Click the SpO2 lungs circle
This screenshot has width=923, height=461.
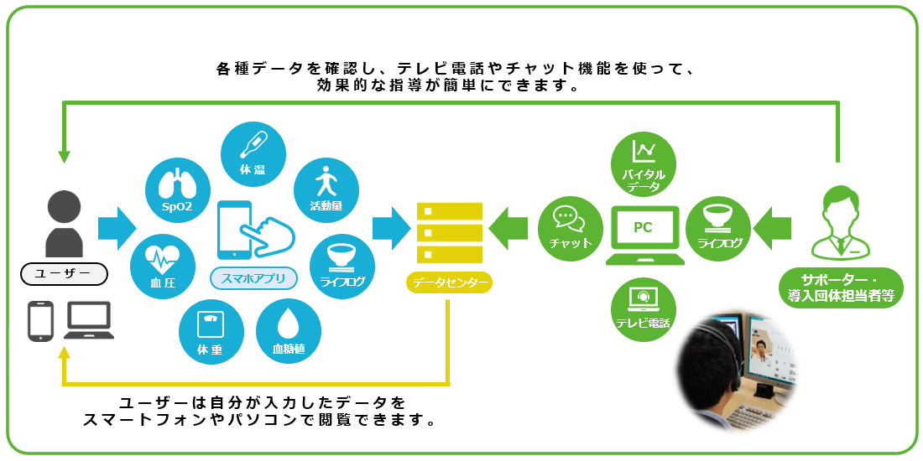pyautogui.click(x=176, y=190)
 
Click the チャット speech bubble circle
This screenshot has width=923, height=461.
pyautogui.click(x=571, y=224)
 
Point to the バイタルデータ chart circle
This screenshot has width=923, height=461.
pyautogui.click(x=644, y=164)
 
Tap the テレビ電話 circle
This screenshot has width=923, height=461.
pyautogui.click(x=644, y=308)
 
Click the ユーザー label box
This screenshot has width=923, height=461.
pyautogui.click(x=65, y=273)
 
